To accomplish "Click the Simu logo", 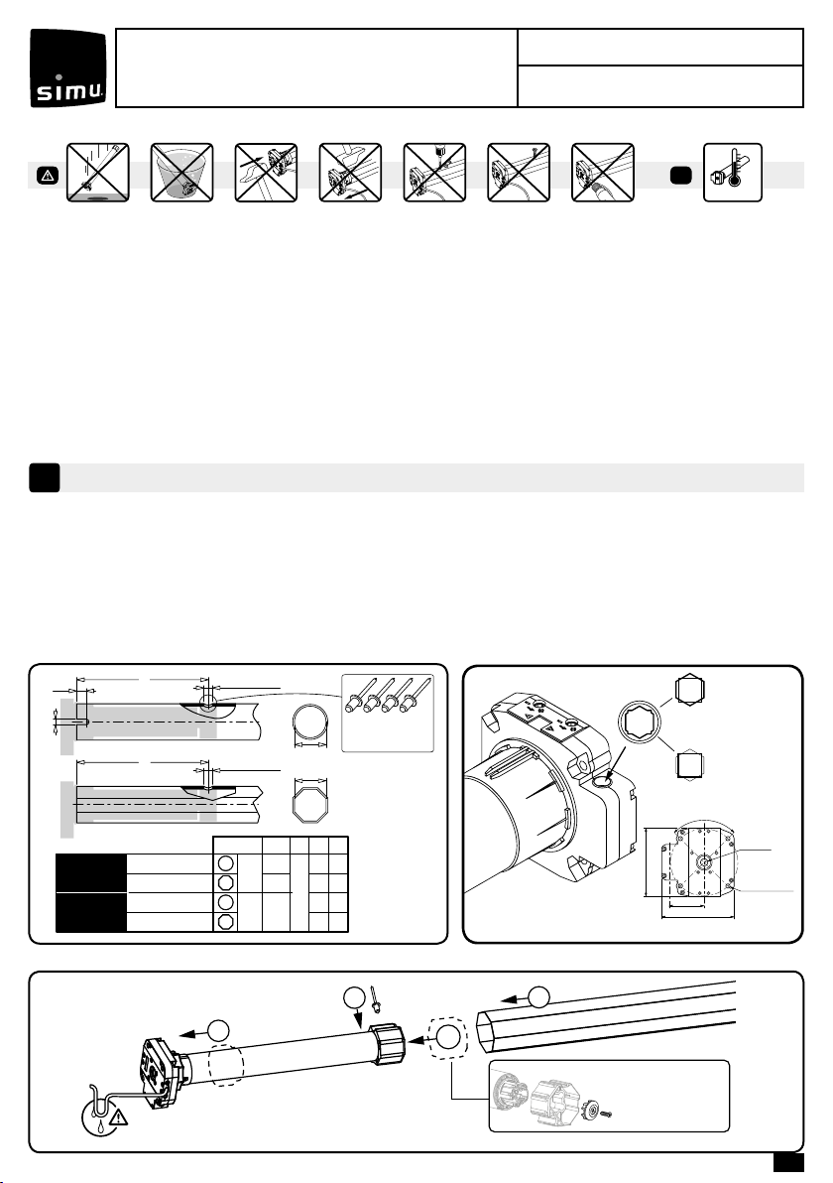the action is coord(67,67).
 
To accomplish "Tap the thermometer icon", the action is coord(732,172).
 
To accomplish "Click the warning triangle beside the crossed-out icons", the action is coord(48,176).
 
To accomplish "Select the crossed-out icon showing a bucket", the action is coord(181,172).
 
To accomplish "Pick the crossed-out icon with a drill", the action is coord(435,172).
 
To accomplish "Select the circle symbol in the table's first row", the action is coord(225,864).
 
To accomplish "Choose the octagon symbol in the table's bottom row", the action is coord(225,921).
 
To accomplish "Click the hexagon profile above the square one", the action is coord(690,690).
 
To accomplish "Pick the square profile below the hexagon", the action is coord(690,765).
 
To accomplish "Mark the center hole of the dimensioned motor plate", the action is coord(702,861).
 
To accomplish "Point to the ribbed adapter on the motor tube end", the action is coord(387,1043).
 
